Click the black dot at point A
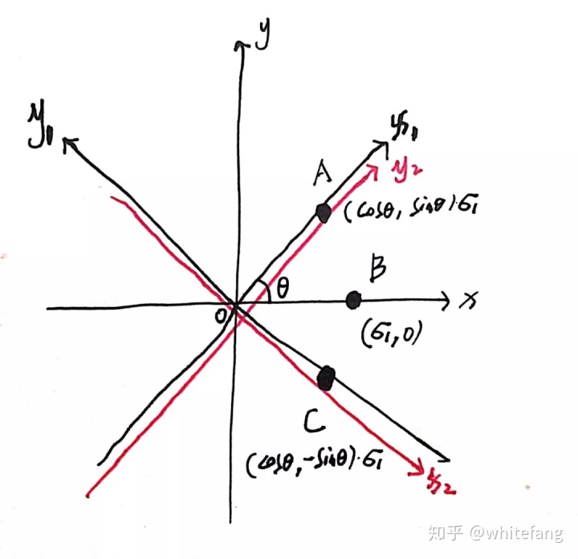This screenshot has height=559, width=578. (x=324, y=213)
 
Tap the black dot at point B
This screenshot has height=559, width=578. (x=352, y=300)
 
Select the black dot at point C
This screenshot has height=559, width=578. (x=325, y=378)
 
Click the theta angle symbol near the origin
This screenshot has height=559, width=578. (x=281, y=285)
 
